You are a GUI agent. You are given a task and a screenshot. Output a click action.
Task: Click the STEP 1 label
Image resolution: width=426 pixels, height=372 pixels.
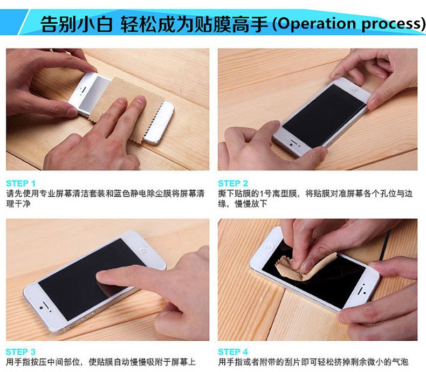[x=21, y=183]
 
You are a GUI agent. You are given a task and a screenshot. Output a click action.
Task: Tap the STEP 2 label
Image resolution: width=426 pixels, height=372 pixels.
[x=233, y=183]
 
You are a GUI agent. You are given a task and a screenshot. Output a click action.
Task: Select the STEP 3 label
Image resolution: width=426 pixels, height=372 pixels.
[x=20, y=352]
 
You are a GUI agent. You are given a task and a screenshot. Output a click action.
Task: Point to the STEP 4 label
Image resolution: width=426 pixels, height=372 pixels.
[x=233, y=352]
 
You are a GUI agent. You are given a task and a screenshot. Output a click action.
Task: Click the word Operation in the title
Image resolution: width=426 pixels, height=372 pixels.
[x=317, y=24]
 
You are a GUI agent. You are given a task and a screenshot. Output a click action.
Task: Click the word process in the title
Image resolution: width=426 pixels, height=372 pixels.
[x=392, y=24]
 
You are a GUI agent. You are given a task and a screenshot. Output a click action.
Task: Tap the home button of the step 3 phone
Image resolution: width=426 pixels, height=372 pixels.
[x=143, y=250]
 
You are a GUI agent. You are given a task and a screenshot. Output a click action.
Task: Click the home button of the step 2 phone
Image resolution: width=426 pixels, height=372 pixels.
[x=354, y=89]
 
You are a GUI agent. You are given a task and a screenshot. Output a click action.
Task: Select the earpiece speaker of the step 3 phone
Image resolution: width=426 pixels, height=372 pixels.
[x=46, y=305]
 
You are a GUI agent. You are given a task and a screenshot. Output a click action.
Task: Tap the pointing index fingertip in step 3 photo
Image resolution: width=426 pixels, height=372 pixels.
[x=102, y=276]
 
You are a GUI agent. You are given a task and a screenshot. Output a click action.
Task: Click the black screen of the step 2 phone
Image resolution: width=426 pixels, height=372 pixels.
[x=324, y=116]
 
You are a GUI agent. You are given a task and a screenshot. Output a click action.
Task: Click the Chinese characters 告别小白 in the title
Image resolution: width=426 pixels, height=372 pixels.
[x=77, y=24]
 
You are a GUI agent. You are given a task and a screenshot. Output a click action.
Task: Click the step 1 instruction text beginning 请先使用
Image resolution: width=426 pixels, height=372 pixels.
[x=105, y=198]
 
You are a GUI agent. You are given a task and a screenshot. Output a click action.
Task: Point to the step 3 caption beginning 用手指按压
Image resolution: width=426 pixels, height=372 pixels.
[x=101, y=362]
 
